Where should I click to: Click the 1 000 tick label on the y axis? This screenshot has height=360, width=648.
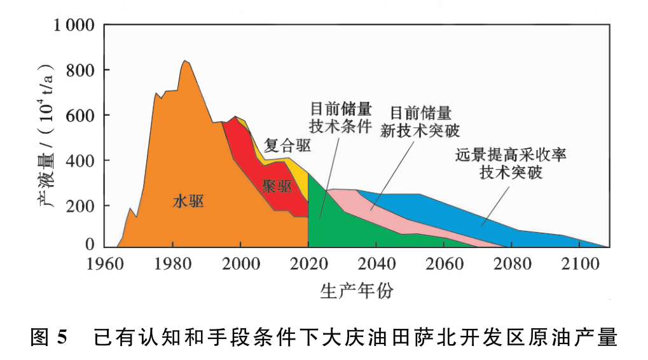76,25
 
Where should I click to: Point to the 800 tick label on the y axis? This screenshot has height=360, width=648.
81,70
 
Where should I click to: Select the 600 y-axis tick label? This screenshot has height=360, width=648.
81,115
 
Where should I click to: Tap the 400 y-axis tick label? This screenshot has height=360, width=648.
81,160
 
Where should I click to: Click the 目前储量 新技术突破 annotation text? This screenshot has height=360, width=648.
420,121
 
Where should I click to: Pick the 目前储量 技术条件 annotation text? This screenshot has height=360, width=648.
340,116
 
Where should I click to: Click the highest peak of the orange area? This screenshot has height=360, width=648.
184,61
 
